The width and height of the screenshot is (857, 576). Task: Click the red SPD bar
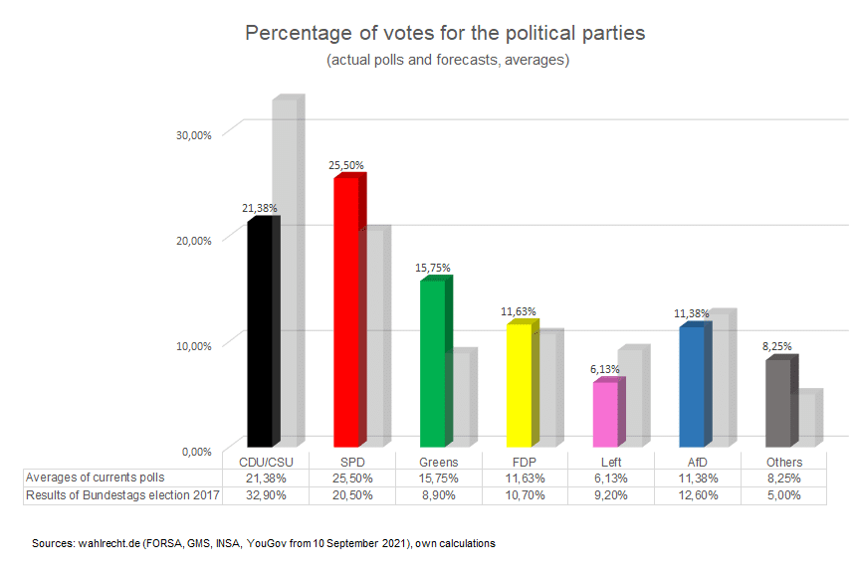pyautogui.click(x=345, y=312)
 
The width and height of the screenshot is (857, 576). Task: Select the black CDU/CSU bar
pyautogui.click(x=259, y=332)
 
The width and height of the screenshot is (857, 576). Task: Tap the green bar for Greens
pyautogui.click(x=432, y=364)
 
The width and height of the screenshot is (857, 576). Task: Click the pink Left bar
pyautogui.click(x=605, y=414)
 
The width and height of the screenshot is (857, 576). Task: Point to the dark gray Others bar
pyautogui.click(x=776, y=403)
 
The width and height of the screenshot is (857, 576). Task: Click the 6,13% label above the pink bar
pyautogui.click(x=605, y=369)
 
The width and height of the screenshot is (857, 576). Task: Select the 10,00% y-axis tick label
pyautogui.click(x=194, y=346)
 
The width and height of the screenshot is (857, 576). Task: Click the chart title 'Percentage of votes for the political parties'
pyautogui.click(x=445, y=33)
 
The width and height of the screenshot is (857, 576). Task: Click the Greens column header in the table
pyautogui.click(x=438, y=462)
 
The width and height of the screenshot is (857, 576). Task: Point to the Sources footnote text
pyautogui.click(x=264, y=544)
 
